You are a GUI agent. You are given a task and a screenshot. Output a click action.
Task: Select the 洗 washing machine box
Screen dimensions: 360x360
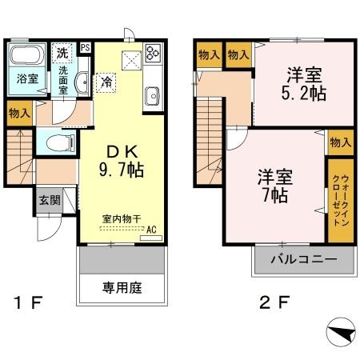63,53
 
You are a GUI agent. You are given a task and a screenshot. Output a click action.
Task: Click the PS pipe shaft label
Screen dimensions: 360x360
85,48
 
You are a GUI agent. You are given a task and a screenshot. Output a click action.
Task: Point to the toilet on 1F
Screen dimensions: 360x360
58,142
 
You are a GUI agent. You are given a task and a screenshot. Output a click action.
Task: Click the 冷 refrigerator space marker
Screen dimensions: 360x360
107,81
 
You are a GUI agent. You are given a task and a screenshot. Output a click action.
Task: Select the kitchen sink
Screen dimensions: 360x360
153,98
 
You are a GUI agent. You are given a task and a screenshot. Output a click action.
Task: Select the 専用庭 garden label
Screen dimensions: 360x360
122,287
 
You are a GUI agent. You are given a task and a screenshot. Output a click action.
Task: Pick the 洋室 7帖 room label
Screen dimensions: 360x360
274,184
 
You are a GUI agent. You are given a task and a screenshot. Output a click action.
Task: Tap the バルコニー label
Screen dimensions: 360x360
302,260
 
